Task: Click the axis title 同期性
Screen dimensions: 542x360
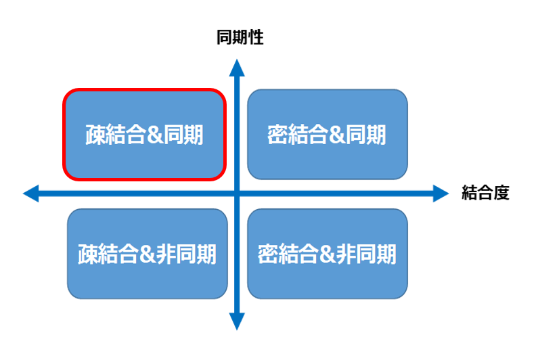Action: pos(240,37)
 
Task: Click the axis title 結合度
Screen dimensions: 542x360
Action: pos(485,193)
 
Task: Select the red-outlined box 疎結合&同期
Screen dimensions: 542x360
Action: pos(145,135)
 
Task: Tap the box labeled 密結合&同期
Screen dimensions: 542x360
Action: pos(328,135)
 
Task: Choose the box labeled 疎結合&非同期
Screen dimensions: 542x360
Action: pos(148,254)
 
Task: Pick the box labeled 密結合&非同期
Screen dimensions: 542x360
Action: pos(328,254)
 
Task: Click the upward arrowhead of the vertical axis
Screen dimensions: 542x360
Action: pos(237,68)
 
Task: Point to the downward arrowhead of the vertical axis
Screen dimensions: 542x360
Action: pos(237,321)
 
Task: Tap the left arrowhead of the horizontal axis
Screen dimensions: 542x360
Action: pos(30,194)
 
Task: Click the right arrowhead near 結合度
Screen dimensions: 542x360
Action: pos(441,194)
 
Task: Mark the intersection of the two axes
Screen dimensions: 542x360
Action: pos(237,194)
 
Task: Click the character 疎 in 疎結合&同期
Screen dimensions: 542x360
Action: pos(95,135)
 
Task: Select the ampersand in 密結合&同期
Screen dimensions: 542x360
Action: pos(337,135)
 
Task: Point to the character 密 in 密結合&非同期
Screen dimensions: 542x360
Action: pos(267,254)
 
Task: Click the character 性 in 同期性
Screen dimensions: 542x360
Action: pos(256,37)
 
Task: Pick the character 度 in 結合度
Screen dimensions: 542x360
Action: pos(501,193)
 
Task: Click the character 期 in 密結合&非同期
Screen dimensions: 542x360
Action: pos(386,254)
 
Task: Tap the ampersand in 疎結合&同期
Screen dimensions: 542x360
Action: pos(154,135)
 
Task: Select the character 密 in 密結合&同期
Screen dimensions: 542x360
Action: pos(277,135)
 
